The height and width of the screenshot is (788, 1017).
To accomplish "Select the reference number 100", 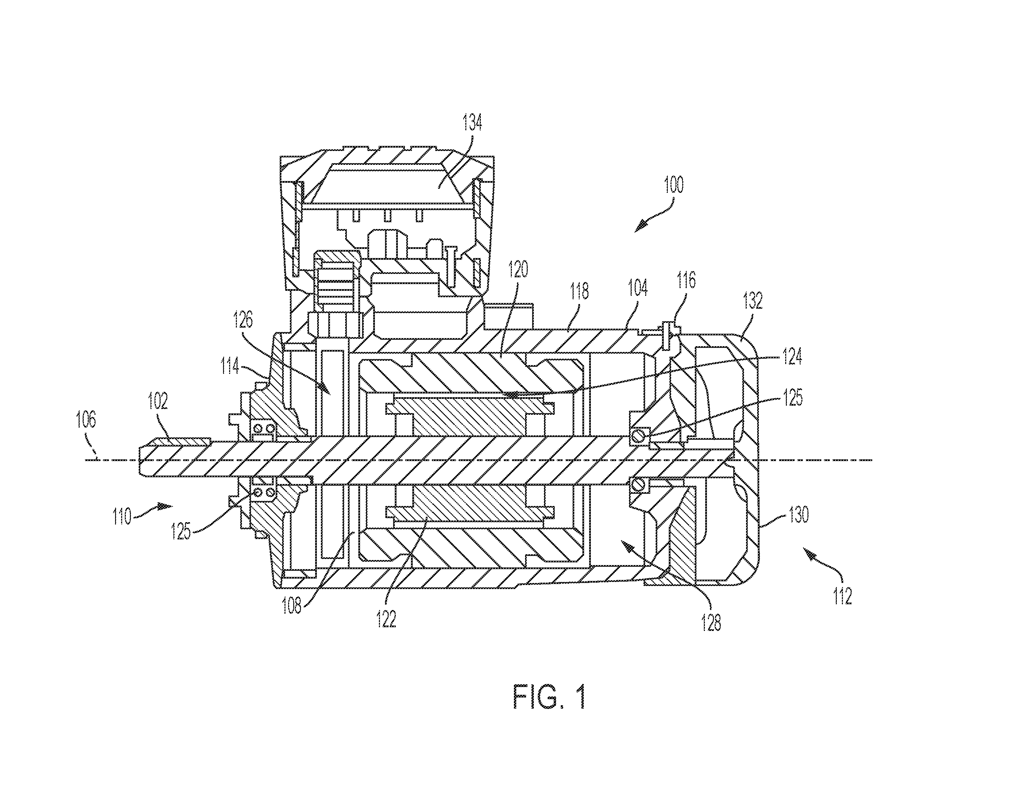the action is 674,185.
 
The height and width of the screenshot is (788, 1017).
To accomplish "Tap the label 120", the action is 519,270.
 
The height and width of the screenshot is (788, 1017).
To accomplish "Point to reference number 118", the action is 579,291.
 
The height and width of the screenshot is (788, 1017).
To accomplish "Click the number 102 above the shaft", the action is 158,401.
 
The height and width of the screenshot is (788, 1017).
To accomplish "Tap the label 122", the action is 386,620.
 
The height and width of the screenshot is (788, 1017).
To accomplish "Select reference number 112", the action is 843,596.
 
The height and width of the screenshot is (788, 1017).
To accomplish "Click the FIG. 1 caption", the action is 549,697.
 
